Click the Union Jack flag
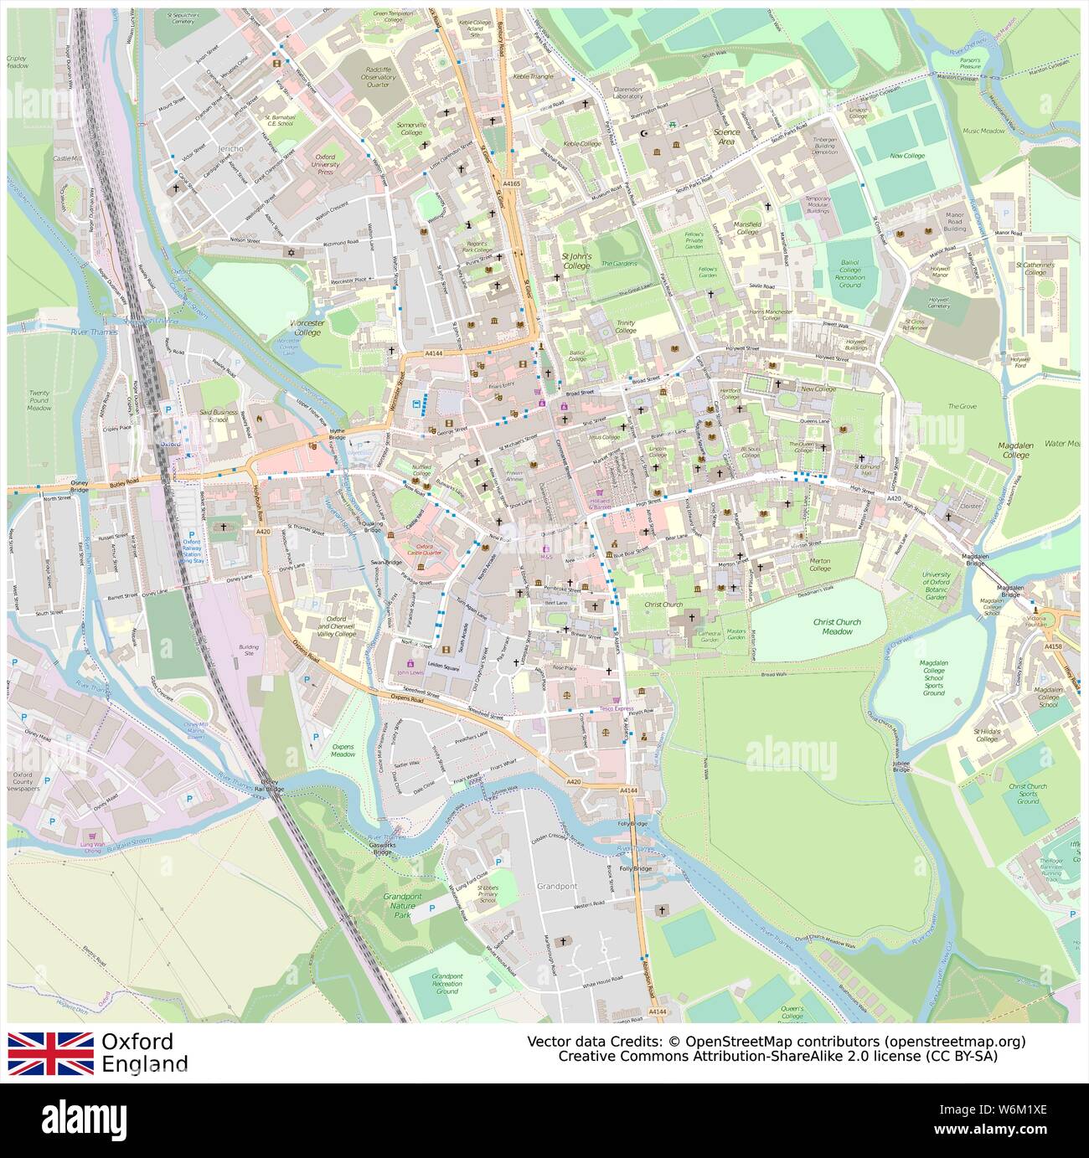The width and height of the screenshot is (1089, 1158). [x=51, y=1052]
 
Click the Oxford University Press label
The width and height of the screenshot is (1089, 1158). [x=325, y=163]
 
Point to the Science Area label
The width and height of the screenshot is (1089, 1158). [x=726, y=136]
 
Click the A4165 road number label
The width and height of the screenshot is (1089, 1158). [x=511, y=183]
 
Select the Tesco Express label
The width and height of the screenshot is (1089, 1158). [x=593, y=708]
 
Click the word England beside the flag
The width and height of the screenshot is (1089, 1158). [x=144, y=1064]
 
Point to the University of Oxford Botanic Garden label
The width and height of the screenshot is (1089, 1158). [x=936, y=586]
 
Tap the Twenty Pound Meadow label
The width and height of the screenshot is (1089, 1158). [x=39, y=400]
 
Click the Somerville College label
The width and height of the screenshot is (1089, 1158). [x=411, y=128]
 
